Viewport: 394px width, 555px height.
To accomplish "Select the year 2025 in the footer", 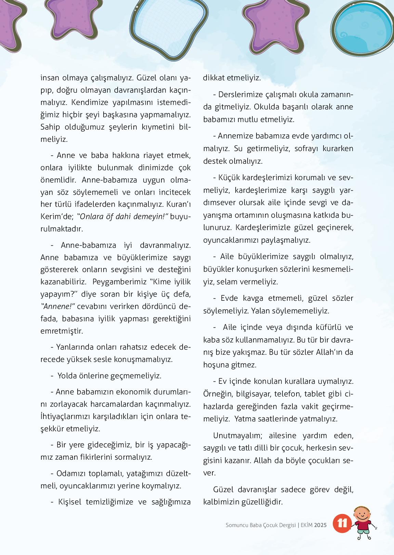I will point(321,525).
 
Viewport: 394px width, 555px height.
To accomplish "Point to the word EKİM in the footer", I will point(306,525).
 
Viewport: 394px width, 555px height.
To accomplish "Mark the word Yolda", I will point(67,376).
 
